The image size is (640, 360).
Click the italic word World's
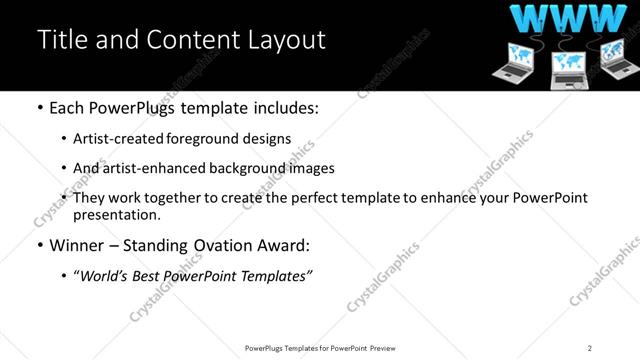[103, 275]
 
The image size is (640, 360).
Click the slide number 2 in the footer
[590, 348]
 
